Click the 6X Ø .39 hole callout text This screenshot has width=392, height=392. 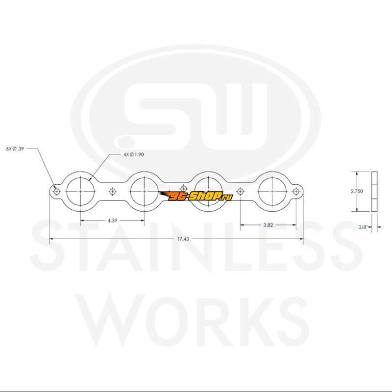tap(15, 147)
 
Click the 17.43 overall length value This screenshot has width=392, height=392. tap(176, 239)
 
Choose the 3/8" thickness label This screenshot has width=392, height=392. tap(363, 227)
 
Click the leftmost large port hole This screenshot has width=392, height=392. tap(80, 191)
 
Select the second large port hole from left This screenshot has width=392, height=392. tap(145, 191)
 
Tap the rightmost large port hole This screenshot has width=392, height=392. tap(272, 191)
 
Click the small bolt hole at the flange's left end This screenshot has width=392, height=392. tap(57, 192)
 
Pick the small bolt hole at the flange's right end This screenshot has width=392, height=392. tap(295, 191)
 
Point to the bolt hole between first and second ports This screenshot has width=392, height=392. tap(113, 191)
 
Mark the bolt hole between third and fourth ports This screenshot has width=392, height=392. tap(240, 191)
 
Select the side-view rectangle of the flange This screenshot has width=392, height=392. tap(375, 192)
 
